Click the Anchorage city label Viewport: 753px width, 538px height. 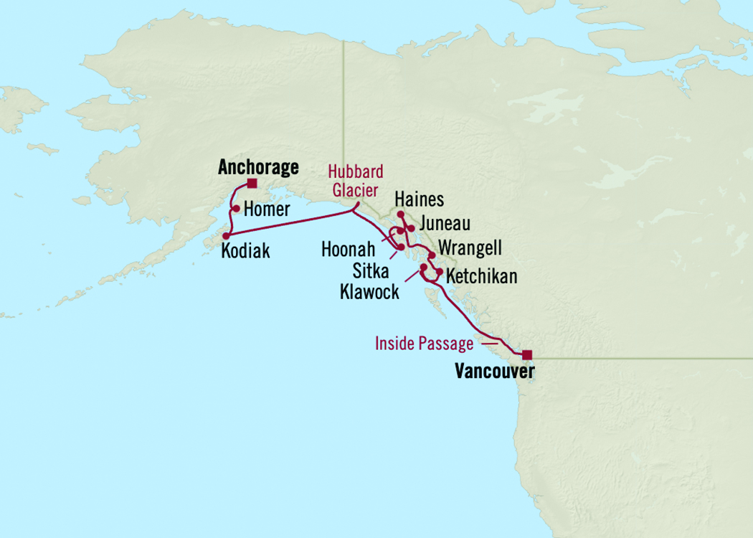pos(257,168)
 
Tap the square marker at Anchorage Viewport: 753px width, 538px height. pos(252,184)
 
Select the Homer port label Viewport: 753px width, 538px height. pos(267,209)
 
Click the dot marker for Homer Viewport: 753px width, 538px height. pos(235,209)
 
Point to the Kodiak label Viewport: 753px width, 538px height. pos(247,251)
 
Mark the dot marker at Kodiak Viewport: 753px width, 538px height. pos(226,235)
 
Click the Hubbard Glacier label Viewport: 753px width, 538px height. pos(356,179)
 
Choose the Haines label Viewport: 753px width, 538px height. pos(420,200)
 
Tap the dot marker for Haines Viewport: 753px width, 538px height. pos(400,214)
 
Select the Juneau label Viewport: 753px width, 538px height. pos(445,224)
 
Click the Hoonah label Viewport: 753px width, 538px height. pos(349,249)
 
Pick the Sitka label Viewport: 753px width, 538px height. pos(370,271)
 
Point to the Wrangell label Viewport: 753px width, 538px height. pos(470,248)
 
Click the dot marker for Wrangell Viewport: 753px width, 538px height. pos(432,255)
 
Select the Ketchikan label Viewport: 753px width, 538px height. pos(481,276)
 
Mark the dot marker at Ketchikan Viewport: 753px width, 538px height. pos(439,272)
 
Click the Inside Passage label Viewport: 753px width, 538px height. pos(424,344)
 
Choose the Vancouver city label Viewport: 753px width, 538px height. pos(494,372)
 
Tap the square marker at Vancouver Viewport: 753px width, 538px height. pos(527,354)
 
